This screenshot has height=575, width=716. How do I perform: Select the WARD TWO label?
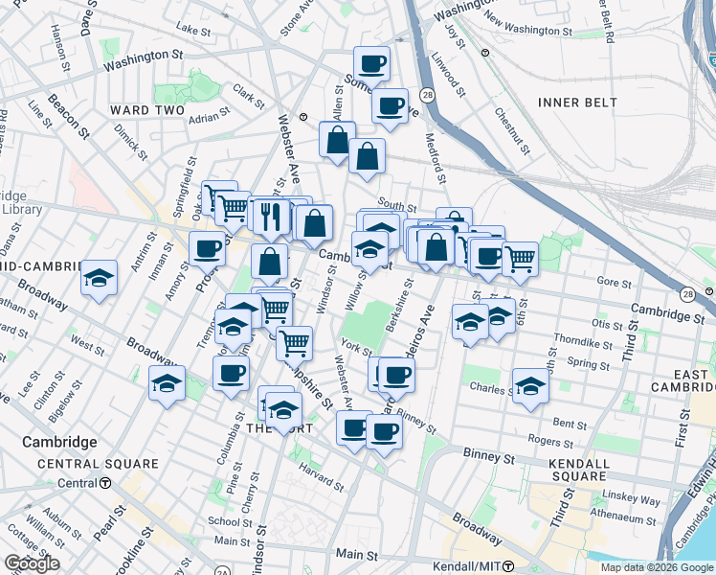tap(143, 110)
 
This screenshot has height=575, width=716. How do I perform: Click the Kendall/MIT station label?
tap(468, 566)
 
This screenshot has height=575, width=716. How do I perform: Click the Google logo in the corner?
tap(32, 564)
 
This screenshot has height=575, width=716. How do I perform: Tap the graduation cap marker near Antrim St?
tap(99, 278)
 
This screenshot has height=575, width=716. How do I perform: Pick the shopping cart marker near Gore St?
tap(520, 258)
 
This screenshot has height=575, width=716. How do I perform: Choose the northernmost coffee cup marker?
tap(371, 64)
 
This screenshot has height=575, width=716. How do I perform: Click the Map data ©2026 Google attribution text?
tap(656, 567)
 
